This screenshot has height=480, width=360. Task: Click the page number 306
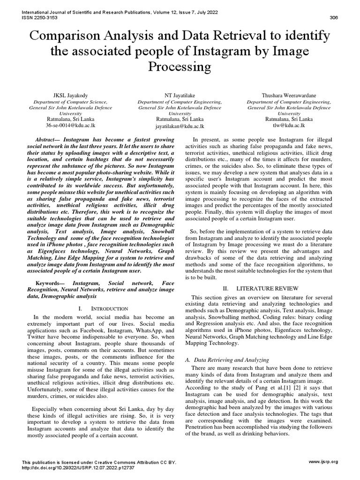pyautogui.click(x=334, y=18)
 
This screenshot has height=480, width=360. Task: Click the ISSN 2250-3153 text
pyautogui.click(x=40, y=18)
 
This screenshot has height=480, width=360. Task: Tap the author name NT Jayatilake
pyautogui.click(x=180, y=95)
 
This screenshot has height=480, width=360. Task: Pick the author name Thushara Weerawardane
pyautogui.click(x=289, y=95)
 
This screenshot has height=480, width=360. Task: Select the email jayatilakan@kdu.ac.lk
pyautogui.click(x=180, y=126)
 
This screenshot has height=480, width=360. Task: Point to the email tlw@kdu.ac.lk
pyautogui.click(x=289, y=126)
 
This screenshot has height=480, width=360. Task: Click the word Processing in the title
pyautogui.click(x=180, y=67)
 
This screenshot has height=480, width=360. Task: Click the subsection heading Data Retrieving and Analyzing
pyautogui.click(x=232, y=360)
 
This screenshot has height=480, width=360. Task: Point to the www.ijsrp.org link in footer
pyautogui.click(x=323, y=462)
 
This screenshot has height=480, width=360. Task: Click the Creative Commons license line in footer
pyautogui.click(x=99, y=462)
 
